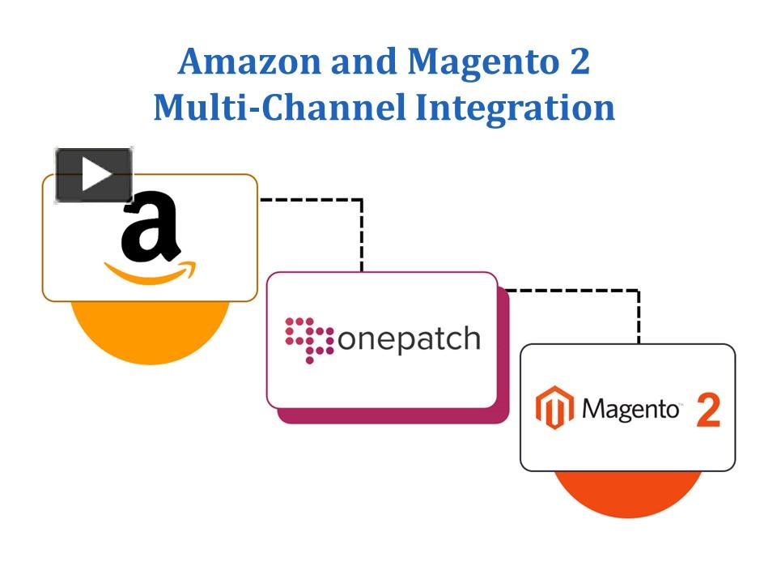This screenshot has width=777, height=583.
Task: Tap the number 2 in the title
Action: tap(580, 63)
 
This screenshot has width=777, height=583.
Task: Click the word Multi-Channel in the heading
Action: tap(279, 108)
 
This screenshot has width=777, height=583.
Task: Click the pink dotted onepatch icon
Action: tap(309, 339)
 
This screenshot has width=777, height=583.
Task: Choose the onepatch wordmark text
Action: tap(408, 339)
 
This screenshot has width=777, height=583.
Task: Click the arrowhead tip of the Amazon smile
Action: tap(192, 268)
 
